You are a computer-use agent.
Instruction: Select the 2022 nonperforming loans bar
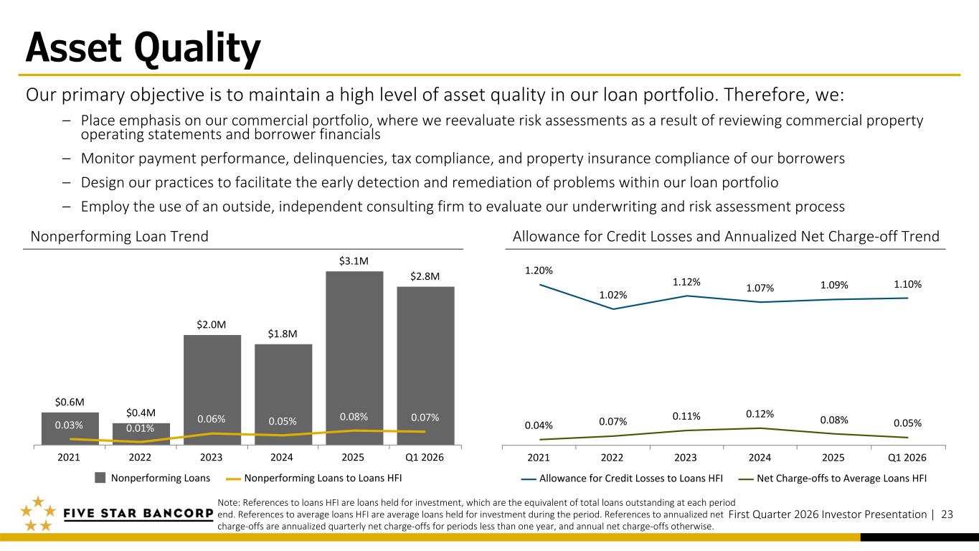pos(141,435)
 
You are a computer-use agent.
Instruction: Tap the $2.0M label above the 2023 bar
pos(212,325)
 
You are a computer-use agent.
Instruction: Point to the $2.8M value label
pos(425,276)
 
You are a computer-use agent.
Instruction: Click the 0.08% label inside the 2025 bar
pos(354,416)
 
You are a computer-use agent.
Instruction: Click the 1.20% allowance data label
pos(539,270)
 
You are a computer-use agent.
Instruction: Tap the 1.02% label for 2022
pos(613,295)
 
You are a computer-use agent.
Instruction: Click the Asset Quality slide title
pos(143,49)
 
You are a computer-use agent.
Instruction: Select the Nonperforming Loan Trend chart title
pos(119,237)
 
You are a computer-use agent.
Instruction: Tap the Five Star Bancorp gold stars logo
pos(37,514)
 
